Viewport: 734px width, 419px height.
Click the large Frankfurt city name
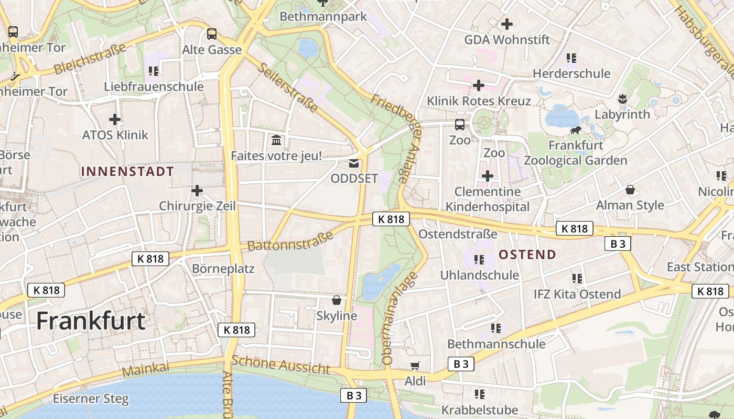point(90,321)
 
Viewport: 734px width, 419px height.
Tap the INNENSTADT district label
point(127,171)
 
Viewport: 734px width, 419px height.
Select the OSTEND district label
point(527,255)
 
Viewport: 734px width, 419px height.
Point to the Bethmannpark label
point(323,16)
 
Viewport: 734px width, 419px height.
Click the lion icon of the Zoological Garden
point(575,130)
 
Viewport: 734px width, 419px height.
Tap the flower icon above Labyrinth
point(622,98)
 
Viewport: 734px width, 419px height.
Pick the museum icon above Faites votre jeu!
point(276,140)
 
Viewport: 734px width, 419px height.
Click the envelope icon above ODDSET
point(354,163)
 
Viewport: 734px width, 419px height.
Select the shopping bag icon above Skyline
point(337,300)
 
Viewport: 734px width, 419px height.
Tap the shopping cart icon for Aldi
point(415,366)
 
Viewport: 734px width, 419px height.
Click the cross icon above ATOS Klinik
point(115,119)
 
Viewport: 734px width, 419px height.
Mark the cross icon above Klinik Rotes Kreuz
point(478,85)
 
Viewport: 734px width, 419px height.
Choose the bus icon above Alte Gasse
point(212,34)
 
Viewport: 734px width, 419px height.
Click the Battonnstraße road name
point(290,241)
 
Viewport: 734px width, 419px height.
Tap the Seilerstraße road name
point(288,87)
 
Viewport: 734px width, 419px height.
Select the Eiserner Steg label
point(91,399)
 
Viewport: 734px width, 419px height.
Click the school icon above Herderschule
point(571,58)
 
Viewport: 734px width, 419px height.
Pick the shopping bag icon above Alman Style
point(630,190)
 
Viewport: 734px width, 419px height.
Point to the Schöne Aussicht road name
point(280,365)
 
